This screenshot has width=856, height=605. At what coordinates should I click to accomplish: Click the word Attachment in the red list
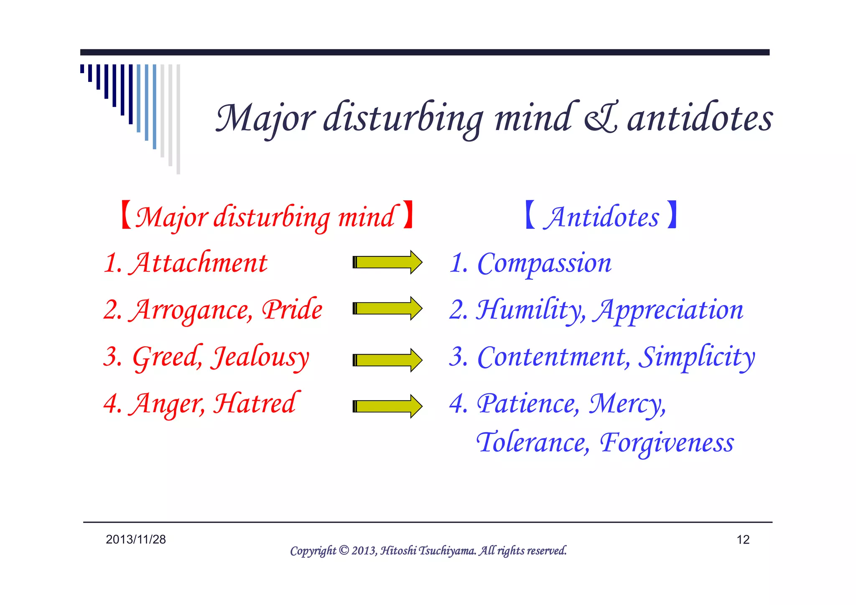(x=199, y=263)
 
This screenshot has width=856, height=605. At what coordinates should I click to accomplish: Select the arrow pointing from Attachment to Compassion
(x=387, y=262)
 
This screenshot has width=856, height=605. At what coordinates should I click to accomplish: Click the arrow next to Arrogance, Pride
(x=387, y=309)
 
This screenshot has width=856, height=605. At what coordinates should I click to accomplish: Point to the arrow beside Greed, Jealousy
(x=387, y=360)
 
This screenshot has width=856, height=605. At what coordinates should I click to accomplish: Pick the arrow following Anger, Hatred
(x=387, y=406)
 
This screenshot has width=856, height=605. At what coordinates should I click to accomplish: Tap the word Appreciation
(x=669, y=311)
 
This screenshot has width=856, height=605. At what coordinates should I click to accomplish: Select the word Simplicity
(x=697, y=357)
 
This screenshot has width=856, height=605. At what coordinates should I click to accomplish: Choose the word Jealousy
(x=260, y=357)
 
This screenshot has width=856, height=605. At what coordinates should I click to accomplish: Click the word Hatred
(x=256, y=404)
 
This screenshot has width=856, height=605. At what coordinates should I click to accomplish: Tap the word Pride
(x=292, y=310)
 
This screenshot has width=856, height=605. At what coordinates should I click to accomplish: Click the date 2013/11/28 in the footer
(x=136, y=539)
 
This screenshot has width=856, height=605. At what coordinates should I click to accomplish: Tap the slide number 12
(x=743, y=540)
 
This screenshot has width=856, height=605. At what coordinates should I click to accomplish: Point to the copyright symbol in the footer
(x=344, y=550)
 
